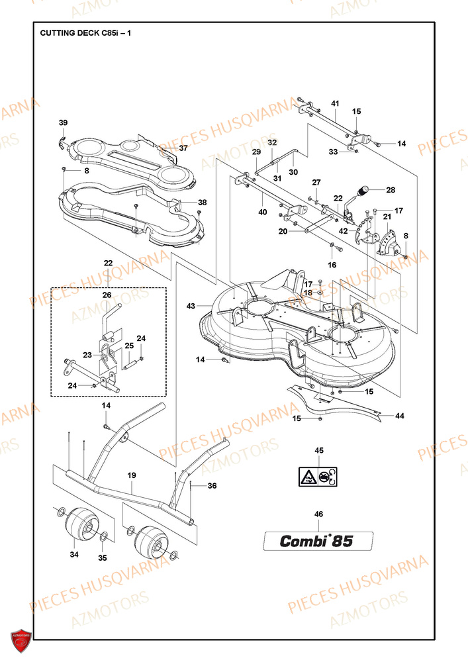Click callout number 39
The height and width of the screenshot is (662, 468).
(64, 123)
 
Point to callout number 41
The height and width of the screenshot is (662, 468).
(335, 103)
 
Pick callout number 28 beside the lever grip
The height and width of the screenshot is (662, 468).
(391, 190)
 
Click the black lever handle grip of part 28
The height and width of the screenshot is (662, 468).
(363, 191)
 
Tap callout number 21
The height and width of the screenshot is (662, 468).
(387, 216)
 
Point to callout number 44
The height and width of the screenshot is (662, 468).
(400, 416)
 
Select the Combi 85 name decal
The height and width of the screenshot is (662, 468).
(318, 541)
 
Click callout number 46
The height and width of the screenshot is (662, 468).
(318, 514)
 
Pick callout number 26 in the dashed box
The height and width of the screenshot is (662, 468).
(107, 295)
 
